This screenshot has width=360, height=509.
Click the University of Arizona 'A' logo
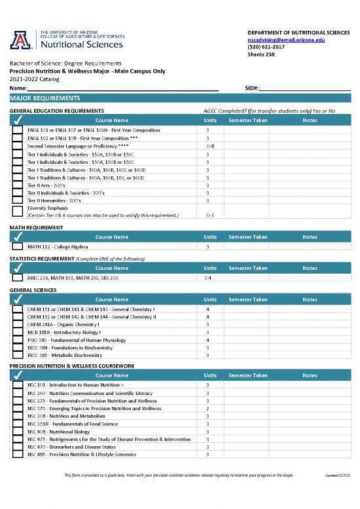point(22,41)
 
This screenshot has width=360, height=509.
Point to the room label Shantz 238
point(261,55)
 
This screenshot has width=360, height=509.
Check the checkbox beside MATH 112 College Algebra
point(17,246)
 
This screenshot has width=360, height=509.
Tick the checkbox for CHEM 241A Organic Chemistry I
point(17,324)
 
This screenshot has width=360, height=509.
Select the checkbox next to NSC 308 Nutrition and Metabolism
point(17,415)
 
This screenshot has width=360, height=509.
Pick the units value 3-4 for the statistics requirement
point(207,278)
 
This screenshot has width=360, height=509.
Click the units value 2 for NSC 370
point(207,407)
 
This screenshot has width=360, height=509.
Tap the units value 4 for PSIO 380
point(207,339)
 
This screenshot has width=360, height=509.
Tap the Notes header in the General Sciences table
point(310,299)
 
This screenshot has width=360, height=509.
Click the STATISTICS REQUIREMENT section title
point(42,259)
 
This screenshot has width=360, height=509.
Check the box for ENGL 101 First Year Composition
point(17,130)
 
